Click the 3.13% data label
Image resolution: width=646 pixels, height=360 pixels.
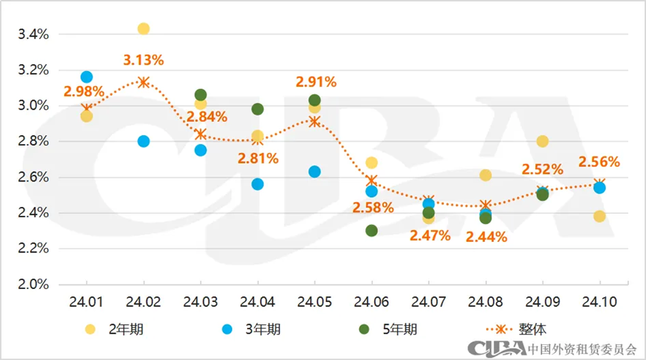143,60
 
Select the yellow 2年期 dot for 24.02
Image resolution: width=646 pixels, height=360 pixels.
143,29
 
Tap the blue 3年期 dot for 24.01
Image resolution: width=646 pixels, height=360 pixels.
87,77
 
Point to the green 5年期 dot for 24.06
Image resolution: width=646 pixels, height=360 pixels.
371,231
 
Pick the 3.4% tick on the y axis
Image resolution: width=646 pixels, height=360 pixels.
33,34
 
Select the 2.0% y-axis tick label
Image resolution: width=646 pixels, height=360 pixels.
33,285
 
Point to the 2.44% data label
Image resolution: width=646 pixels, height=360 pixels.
486,238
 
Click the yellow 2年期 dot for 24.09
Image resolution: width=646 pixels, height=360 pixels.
542,142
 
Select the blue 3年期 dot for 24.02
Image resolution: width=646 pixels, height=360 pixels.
143,141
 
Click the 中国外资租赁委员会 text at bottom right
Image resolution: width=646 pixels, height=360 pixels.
583,349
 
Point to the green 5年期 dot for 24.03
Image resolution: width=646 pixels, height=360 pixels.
200,95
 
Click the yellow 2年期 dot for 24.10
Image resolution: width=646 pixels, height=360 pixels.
599,217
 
